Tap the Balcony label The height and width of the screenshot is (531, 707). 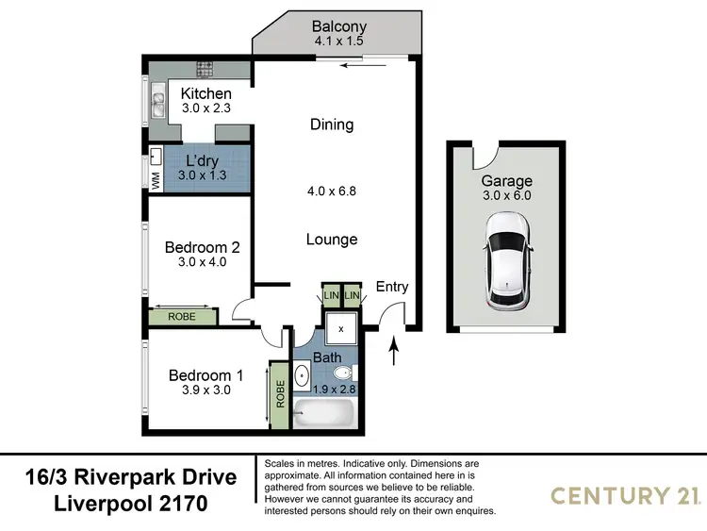click(x=339, y=26)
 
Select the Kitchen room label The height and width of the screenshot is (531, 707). click(x=206, y=93)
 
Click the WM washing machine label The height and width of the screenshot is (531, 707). click(x=156, y=179)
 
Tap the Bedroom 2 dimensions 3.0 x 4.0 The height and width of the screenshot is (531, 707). click(x=202, y=263)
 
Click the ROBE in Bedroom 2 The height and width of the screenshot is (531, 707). click(x=182, y=317)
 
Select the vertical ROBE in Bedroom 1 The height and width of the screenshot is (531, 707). click(x=280, y=394)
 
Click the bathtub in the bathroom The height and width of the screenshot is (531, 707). click(x=323, y=414)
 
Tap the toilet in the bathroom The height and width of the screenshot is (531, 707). click(x=341, y=373)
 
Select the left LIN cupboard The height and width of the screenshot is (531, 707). click(x=331, y=296)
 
